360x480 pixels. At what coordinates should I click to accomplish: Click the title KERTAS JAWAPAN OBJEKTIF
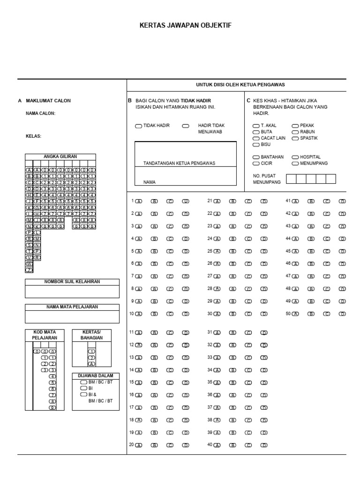(185, 25)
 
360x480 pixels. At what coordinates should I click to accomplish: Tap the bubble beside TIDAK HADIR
(138, 126)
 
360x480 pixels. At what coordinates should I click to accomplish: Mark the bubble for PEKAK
(295, 126)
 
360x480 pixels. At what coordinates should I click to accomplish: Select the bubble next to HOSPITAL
(295, 157)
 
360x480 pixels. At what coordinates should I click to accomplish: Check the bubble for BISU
(256, 145)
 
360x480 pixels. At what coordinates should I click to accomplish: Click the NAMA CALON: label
(40, 113)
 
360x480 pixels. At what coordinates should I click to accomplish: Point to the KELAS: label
(33, 136)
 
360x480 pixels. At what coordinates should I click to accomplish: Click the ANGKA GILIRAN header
(60, 157)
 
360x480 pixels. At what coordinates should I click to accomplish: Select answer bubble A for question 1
(139, 202)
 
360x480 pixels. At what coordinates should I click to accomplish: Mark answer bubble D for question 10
(186, 314)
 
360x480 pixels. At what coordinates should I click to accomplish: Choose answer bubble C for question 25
(248, 252)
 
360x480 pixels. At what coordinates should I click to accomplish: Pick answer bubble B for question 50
(310, 314)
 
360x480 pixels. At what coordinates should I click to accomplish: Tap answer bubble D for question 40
(264, 445)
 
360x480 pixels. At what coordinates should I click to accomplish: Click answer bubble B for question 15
(154, 382)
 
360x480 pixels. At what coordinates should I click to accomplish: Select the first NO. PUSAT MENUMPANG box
(291, 179)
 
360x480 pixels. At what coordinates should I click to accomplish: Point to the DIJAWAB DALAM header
(96, 376)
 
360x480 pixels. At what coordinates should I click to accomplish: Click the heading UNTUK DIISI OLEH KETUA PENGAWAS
(240, 85)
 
